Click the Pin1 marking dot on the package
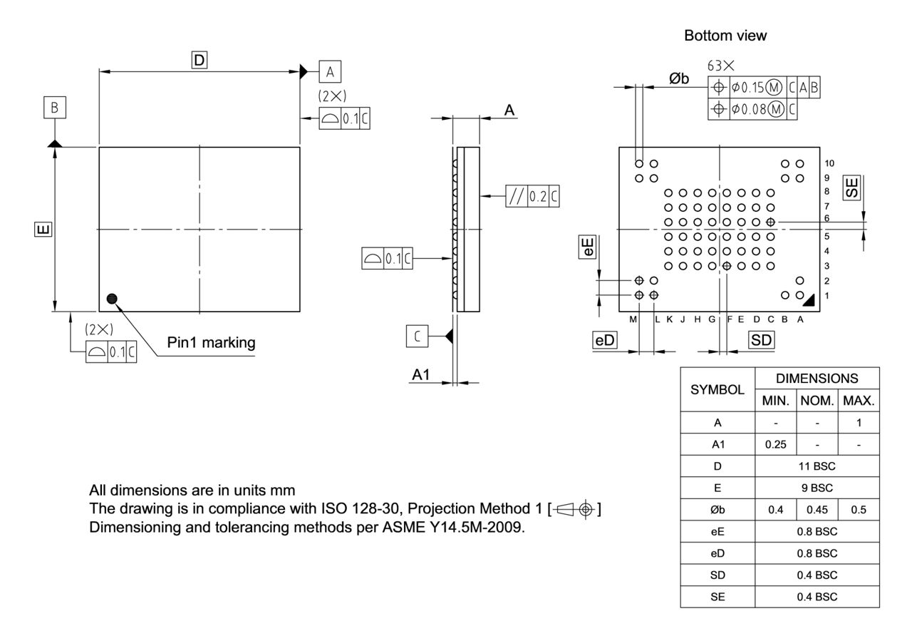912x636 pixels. pyautogui.click(x=112, y=299)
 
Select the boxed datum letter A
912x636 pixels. pyautogui.click(x=329, y=71)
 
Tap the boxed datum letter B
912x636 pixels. pyautogui.click(x=54, y=108)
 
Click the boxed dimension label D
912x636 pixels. pyautogui.click(x=199, y=61)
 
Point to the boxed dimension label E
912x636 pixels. pyautogui.click(x=43, y=229)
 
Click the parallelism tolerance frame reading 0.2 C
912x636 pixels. pyautogui.click(x=532, y=195)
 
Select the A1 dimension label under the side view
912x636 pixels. pyautogui.click(x=423, y=375)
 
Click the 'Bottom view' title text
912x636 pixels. pyautogui.click(x=725, y=36)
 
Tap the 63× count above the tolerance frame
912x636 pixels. pyautogui.click(x=721, y=66)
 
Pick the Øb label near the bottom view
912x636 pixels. pyautogui.click(x=679, y=78)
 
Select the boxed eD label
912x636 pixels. pyautogui.click(x=605, y=341)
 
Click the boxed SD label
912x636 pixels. pyautogui.click(x=762, y=341)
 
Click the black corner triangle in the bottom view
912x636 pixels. pyautogui.click(x=809, y=302)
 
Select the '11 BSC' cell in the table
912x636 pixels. pyautogui.click(x=817, y=467)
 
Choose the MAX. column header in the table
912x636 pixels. pyautogui.click(x=858, y=401)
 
